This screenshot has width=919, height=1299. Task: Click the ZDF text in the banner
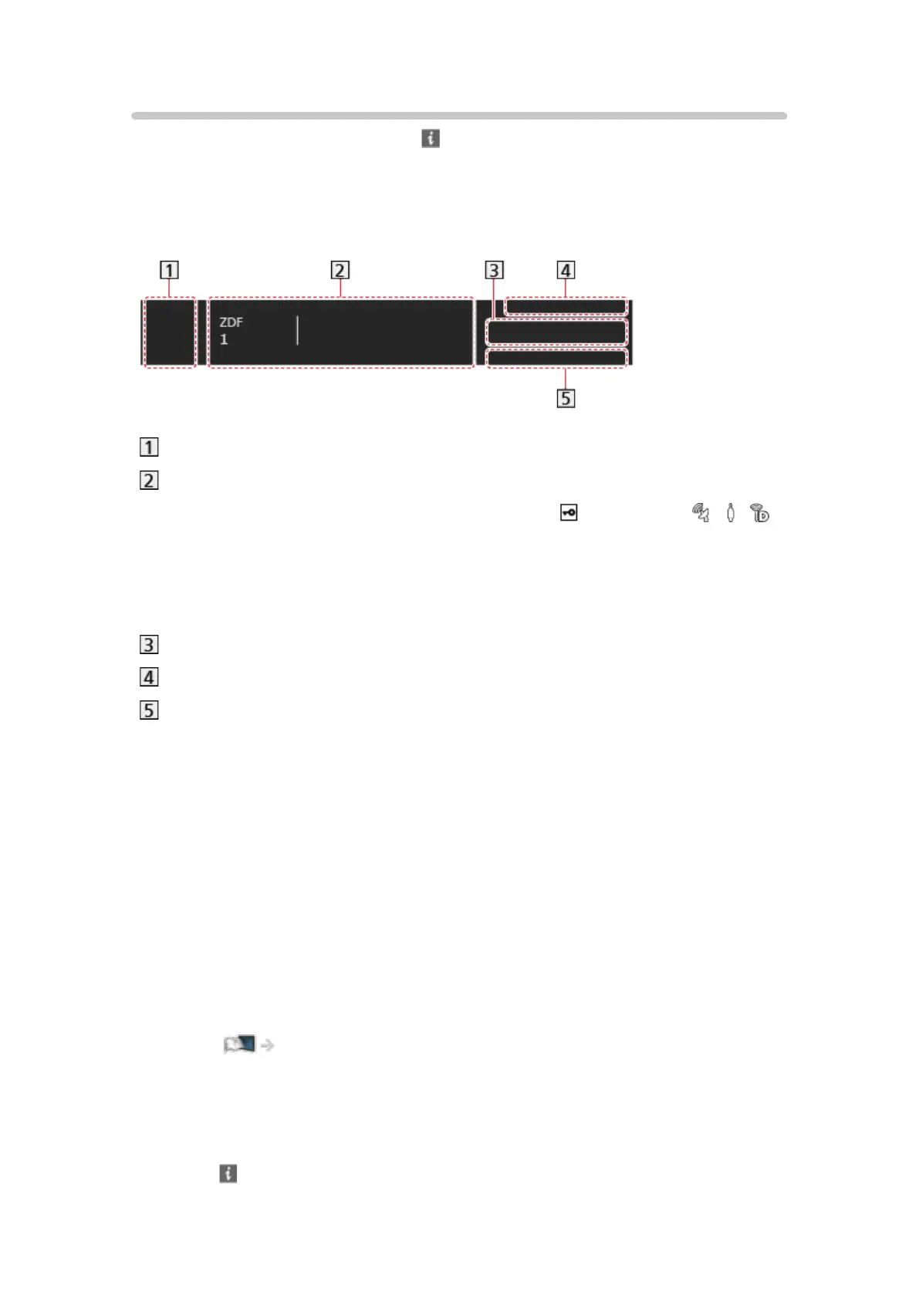click(x=231, y=322)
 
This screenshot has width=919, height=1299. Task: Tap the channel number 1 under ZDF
click(x=224, y=339)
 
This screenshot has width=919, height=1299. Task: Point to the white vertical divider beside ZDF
click(x=298, y=331)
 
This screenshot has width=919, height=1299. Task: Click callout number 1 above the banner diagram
click(x=169, y=270)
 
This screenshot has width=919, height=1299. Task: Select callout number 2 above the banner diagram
click(x=340, y=270)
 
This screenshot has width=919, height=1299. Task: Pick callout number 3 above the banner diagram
click(x=494, y=270)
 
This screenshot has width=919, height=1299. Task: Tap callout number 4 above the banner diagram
click(x=566, y=270)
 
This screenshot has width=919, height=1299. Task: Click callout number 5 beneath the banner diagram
click(x=566, y=398)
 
